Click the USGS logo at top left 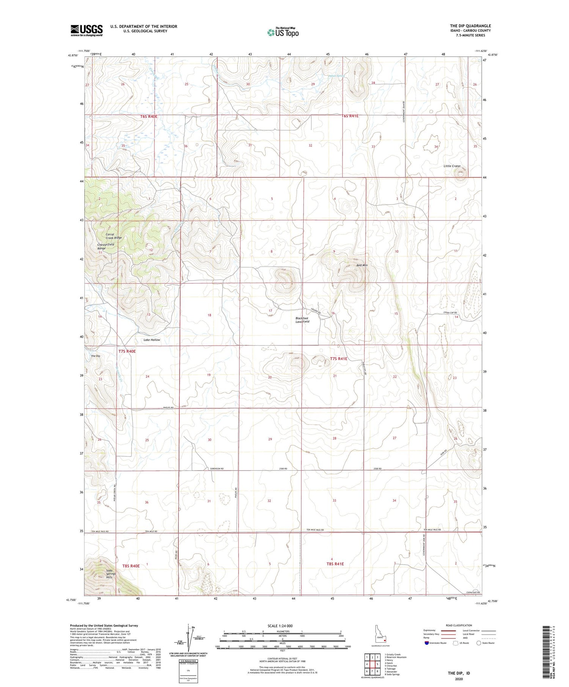86,30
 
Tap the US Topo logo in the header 283,33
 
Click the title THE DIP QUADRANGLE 470,26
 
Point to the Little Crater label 452,166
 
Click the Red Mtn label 362,265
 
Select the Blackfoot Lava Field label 302,320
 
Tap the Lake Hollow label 152,340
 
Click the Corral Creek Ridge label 113,236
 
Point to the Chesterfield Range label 105,246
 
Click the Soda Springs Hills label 111,574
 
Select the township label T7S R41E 338,358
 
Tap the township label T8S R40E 131,566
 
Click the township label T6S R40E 148,116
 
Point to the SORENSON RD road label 217,469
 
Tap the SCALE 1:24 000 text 280,626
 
